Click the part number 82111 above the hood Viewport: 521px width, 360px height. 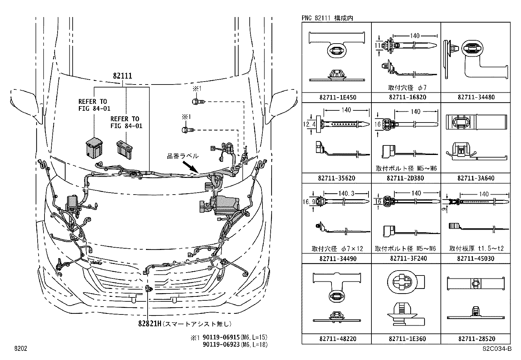[122, 76]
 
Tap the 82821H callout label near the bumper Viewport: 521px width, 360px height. [150, 324]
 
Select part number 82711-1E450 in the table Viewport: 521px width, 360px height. [337, 97]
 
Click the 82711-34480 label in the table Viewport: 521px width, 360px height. [476, 97]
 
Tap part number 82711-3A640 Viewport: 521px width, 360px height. [476, 178]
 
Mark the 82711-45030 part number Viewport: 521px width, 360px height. [476, 258]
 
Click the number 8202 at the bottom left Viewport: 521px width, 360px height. [20, 349]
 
